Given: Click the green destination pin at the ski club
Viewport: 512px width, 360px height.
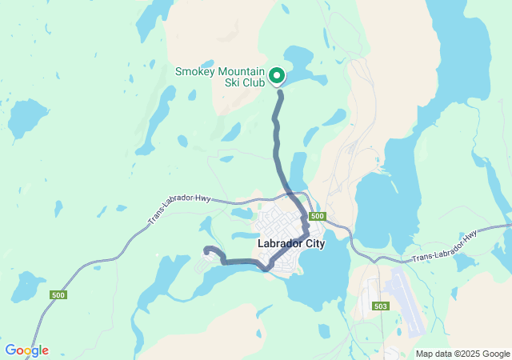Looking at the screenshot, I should click(277, 75).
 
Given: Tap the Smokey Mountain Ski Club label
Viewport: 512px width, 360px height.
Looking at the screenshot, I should click(219, 78).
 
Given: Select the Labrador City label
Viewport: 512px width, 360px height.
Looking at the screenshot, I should click(291, 244).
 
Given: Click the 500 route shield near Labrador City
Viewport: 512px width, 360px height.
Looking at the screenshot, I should click(318, 217).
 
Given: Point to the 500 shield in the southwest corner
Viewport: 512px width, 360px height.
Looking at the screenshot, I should click(59, 295).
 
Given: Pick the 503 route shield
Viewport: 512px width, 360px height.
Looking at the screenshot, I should click(379, 306).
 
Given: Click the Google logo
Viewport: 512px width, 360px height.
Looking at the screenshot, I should click(26, 350).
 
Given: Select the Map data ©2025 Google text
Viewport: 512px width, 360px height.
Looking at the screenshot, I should click(462, 354).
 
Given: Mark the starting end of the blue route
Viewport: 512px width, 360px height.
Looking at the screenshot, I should click(206, 250).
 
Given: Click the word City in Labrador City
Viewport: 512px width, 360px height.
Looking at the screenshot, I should click(313, 244).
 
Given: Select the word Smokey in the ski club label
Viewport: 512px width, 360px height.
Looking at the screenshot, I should click(195, 72).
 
